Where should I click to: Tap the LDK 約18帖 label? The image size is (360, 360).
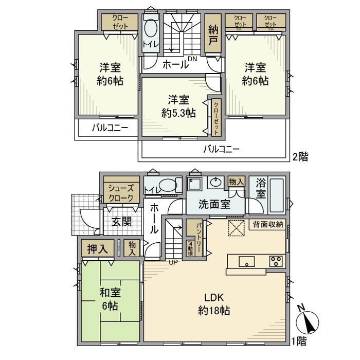click(213, 304)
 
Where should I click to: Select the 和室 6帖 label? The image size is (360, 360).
click(110, 299)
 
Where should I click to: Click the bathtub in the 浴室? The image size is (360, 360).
click(276, 195)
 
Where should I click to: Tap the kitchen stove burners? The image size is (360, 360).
click(276, 261)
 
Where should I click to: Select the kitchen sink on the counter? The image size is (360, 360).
click(247, 261)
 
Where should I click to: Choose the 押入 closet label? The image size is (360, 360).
click(97, 249)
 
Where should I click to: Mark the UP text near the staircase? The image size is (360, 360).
click(173, 262)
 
